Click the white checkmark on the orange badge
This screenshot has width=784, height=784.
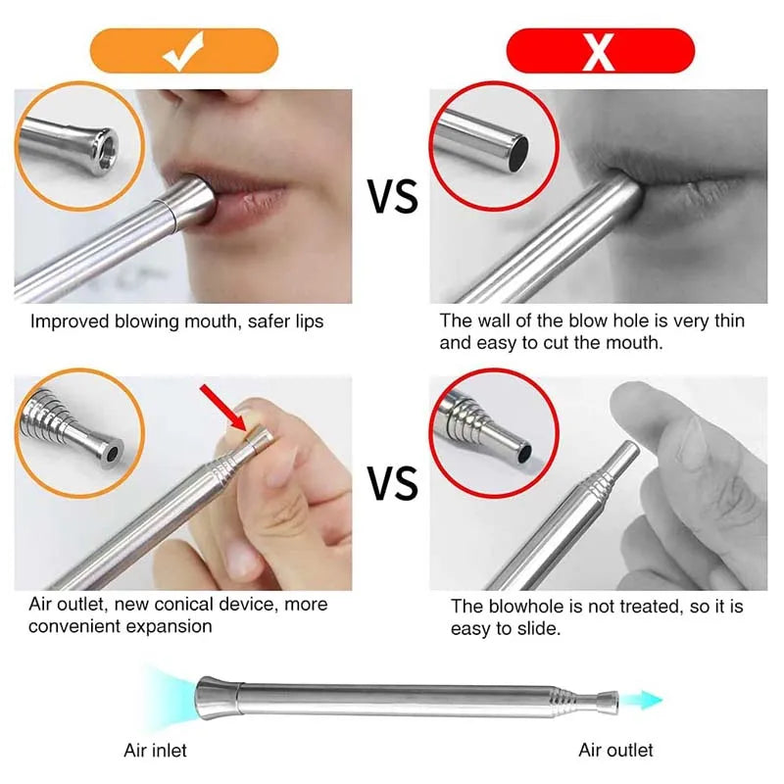tap(184, 52)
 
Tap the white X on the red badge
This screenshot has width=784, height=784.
tap(599, 52)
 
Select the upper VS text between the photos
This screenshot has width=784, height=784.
tap(392, 197)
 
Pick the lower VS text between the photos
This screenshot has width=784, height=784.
tap(392, 483)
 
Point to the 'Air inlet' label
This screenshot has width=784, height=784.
tap(155, 751)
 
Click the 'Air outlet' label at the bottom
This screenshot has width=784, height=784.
tap(615, 751)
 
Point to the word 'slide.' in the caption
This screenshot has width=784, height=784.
tap(537, 629)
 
